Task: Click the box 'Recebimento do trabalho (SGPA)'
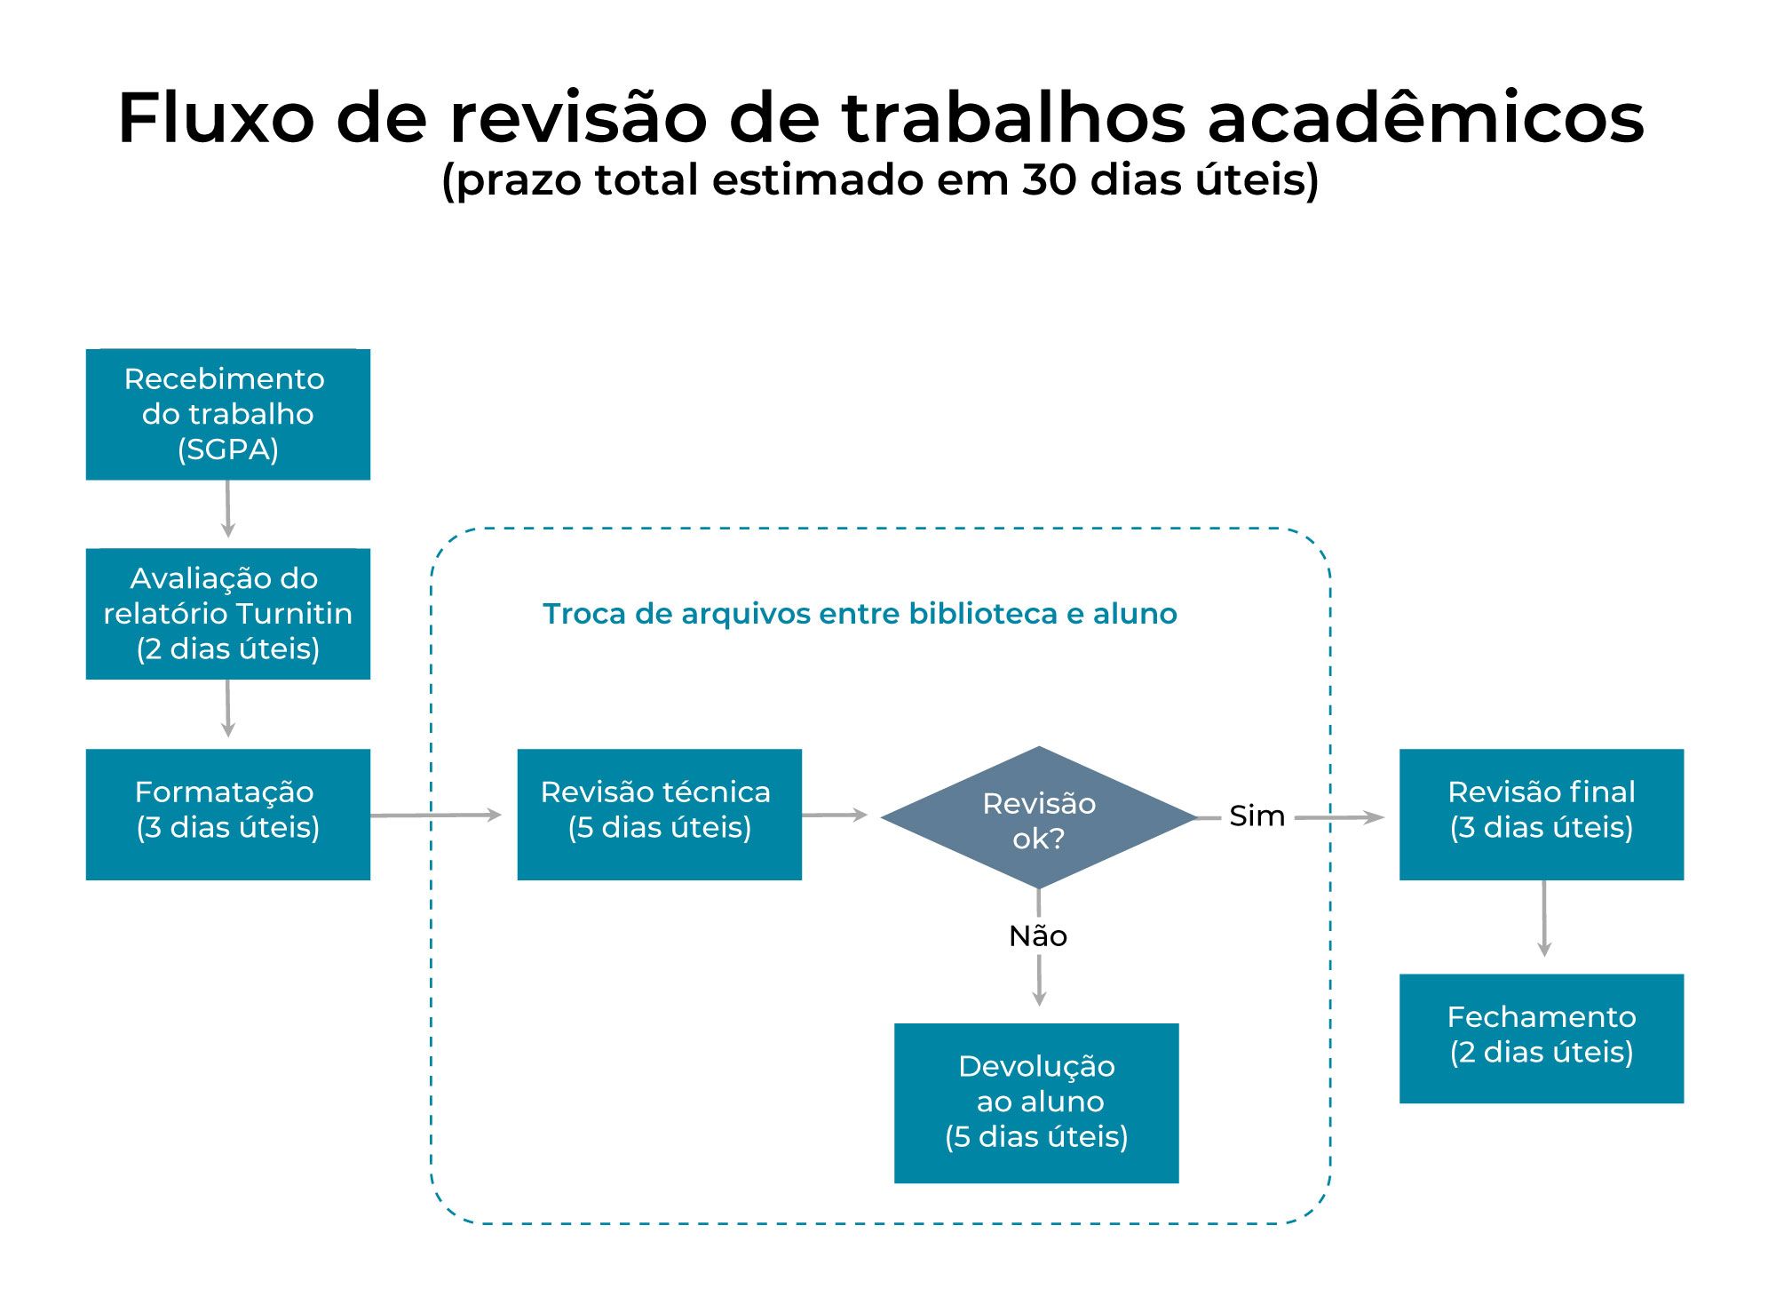[227, 414]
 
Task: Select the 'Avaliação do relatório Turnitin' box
[227, 614]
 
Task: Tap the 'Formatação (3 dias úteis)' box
[227, 814]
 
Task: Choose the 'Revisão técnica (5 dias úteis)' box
[659, 814]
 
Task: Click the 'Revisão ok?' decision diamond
[1038, 817]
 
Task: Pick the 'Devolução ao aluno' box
[1036, 1102]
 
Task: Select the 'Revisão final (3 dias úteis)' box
[1541, 814]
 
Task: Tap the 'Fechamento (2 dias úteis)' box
[1541, 1038]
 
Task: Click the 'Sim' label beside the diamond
[1257, 816]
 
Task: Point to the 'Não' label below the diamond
[1038, 935]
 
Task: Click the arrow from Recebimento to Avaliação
[228, 509]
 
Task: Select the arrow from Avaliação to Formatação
[228, 708]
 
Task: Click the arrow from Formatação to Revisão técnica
[435, 815]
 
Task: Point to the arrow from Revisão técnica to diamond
[834, 815]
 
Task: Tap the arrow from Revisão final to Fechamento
[1544, 919]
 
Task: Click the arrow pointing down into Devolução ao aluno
[1039, 982]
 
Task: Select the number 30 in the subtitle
[1050, 180]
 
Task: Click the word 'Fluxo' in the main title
[216, 117]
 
